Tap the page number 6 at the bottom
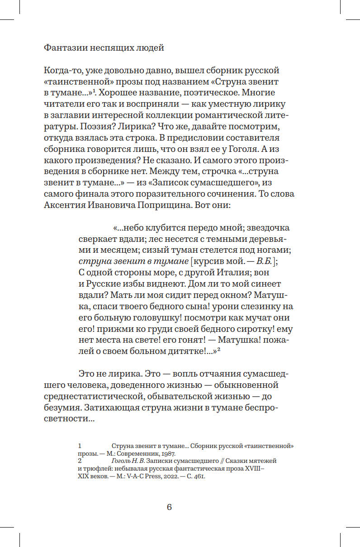pyautogui.click(x=169, y=507)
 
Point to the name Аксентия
pyautogui.click(x=65, y=204)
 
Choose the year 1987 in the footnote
pyautogui.click(x=168, y=454)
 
